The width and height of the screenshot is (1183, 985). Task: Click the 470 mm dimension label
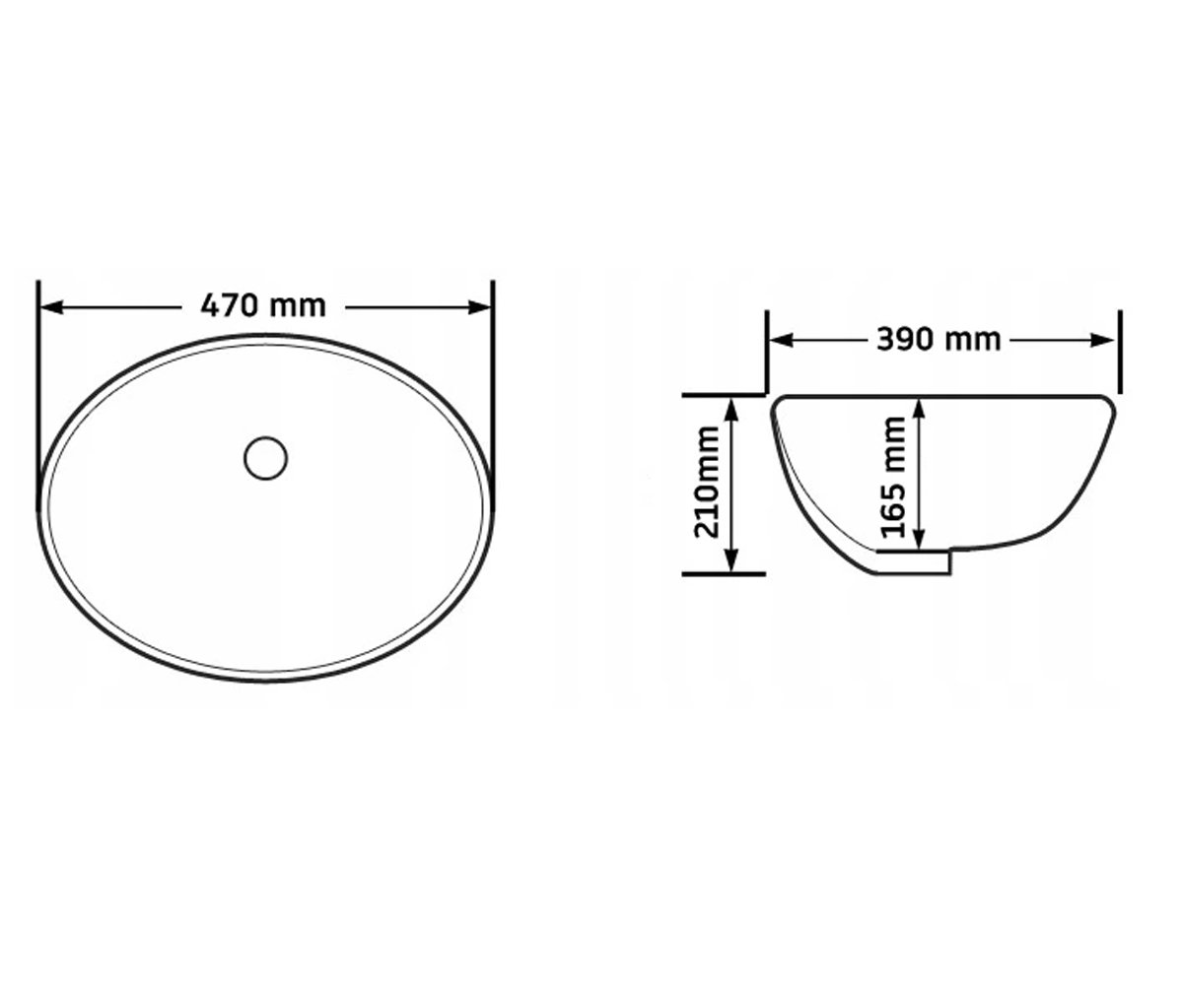pos(263,306)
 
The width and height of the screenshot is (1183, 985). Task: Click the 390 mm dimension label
pos(939,340)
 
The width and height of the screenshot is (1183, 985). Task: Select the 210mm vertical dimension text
pos(706,483)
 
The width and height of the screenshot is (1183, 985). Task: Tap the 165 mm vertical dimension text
pos(893,477)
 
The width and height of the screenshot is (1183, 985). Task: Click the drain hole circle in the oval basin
pos(266,458)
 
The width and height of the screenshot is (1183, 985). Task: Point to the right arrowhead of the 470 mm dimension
pos(479,307)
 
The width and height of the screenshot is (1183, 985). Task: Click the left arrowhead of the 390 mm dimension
pos(781,340)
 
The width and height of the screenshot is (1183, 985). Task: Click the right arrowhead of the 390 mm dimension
pos(1102,340)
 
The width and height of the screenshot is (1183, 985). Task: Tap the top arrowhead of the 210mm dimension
pos(731,410)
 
